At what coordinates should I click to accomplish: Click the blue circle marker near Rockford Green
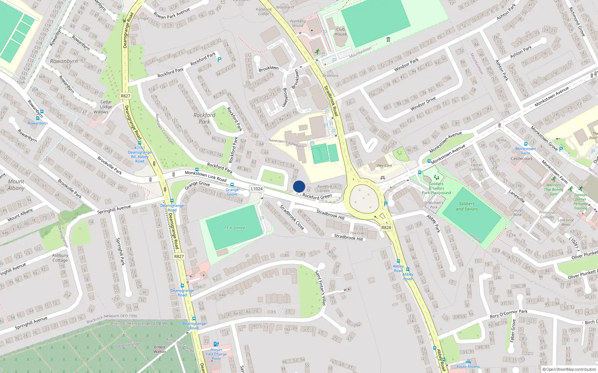(299, 186)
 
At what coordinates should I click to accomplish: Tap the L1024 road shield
(257, 189)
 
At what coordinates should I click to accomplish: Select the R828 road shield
(386, 228)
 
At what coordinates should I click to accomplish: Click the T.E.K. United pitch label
(234, 228)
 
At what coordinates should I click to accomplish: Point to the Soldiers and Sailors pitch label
(467, 206)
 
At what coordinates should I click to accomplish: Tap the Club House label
(340, 31)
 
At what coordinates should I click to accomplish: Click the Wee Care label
(384, 166)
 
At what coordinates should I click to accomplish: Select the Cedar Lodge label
(106, 104)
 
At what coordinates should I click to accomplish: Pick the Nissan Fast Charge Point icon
(216, 344)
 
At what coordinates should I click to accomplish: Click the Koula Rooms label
(468, 366)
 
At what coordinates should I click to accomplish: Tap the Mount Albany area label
(16, 185)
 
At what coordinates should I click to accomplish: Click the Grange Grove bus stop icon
(232, 185)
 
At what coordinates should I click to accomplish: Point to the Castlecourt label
(521, 159)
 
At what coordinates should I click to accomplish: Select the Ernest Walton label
(160, 349)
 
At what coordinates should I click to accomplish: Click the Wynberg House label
(298, 23)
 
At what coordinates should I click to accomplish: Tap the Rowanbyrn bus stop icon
(41, 112)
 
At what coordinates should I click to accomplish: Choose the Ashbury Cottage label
(60, 258)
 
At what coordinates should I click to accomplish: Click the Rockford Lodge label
(263, 12)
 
